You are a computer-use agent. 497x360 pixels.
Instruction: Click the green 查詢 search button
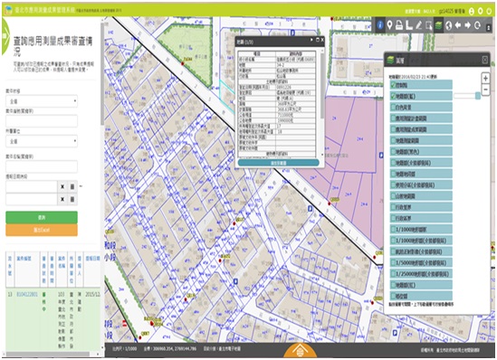point(42,218)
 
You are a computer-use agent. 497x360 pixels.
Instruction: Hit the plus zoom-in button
point(485,78)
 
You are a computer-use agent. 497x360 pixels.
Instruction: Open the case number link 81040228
point(30,295)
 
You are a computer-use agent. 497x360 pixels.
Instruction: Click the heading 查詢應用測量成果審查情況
point(45,47)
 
